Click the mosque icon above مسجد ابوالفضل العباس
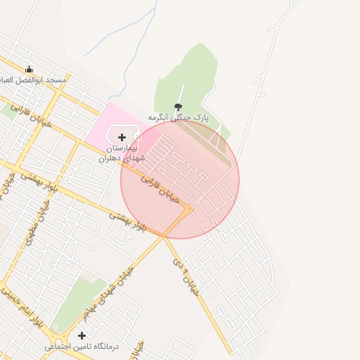(x=29, y=70)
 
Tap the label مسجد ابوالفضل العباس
(x=36, y=80)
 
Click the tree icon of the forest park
(x=177, y=106)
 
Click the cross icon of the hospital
(x=122, y=137)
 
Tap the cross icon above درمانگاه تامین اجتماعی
(x=82, y=335)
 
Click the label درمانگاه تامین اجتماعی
(x=82, y=347)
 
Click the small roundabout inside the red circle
(x=189, y=208)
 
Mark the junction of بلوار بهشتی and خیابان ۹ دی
(x=164, y=236)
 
